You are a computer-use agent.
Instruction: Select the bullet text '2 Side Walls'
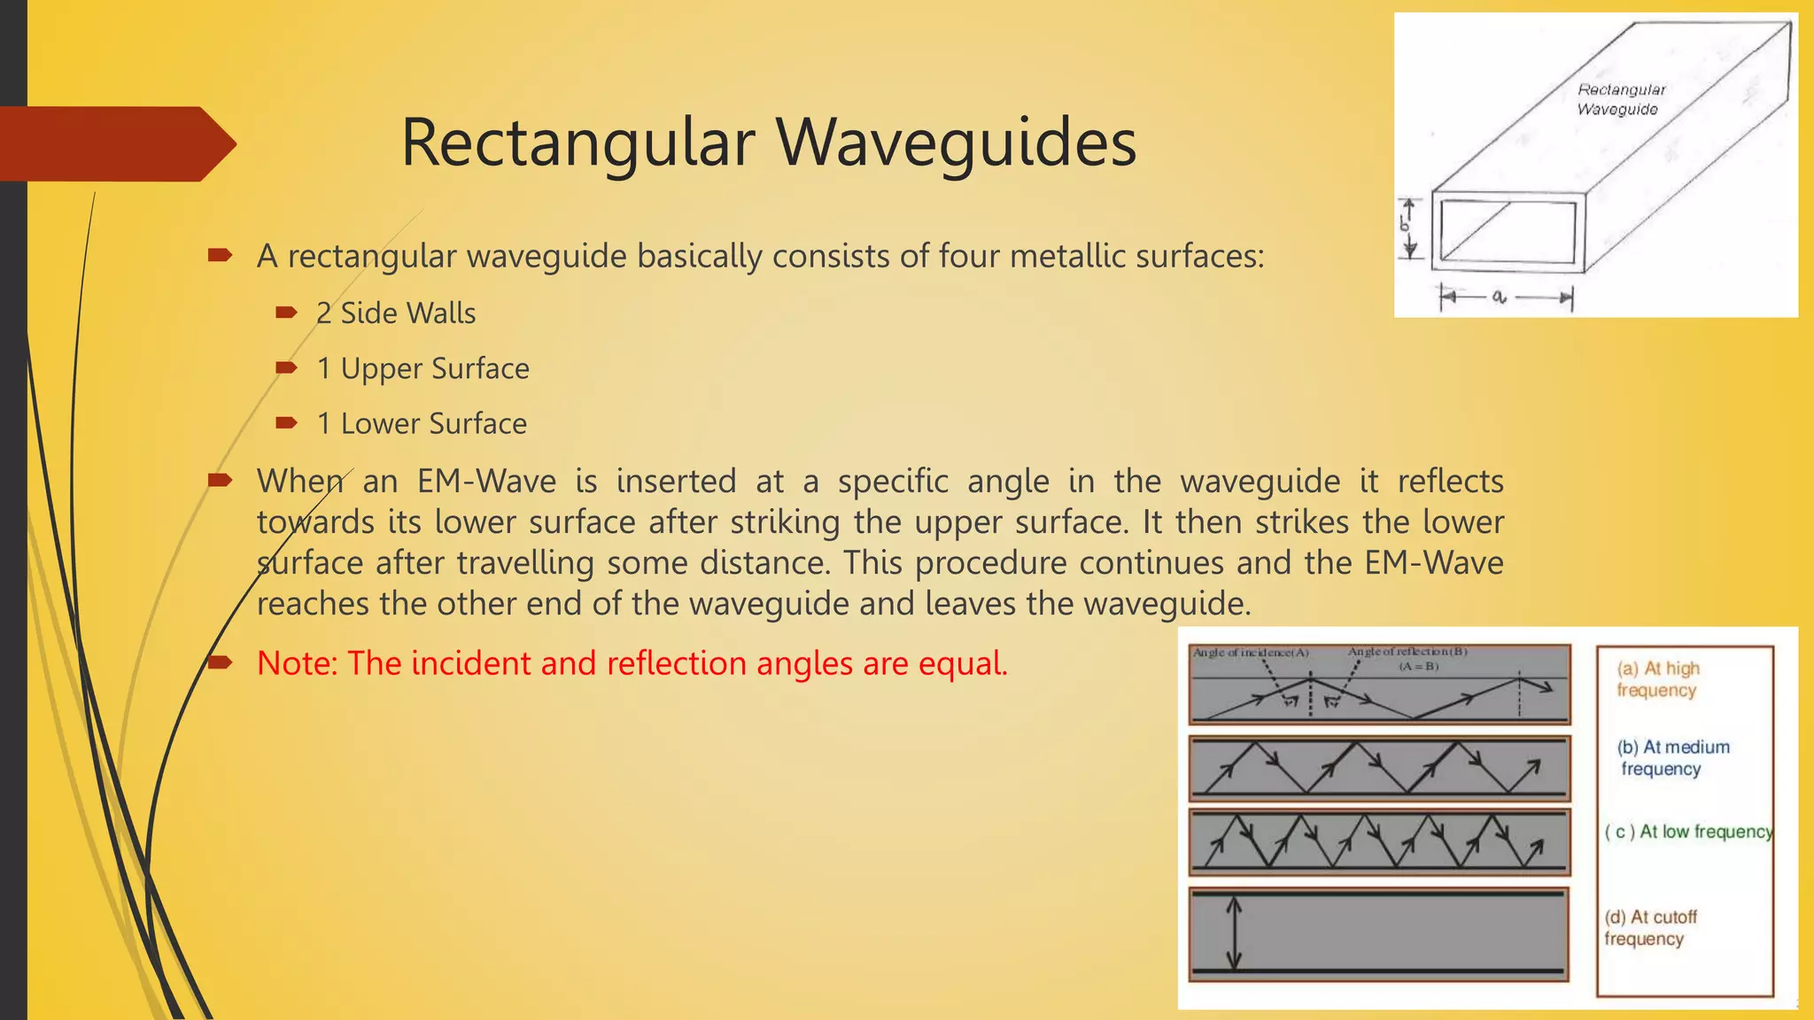(396, 313)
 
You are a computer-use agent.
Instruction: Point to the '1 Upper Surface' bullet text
(422, 368)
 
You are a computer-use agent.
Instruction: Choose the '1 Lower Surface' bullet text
(422, 424)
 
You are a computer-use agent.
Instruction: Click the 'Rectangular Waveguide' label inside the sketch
(1620, 99)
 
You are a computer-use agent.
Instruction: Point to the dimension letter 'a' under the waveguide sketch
(1499, 297)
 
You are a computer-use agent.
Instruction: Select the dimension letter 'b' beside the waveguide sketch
(1405, 225)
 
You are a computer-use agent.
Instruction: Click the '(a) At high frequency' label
(1657, 679)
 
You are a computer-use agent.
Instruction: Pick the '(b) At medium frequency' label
(1672, 758)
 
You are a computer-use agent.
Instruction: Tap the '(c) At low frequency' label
(1688, 831)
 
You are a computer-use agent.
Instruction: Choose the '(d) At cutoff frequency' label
(1649, 928)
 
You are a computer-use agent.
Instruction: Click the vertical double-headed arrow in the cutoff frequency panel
(1233, 934)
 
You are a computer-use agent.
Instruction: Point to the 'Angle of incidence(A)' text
(1251, 653)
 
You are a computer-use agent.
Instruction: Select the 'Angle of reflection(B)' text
(1407, 652)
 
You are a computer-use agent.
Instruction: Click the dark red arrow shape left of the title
(115, 143)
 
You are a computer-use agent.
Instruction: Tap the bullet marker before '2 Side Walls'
(285, 313)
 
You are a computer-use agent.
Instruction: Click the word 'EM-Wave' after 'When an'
(486, 482)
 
